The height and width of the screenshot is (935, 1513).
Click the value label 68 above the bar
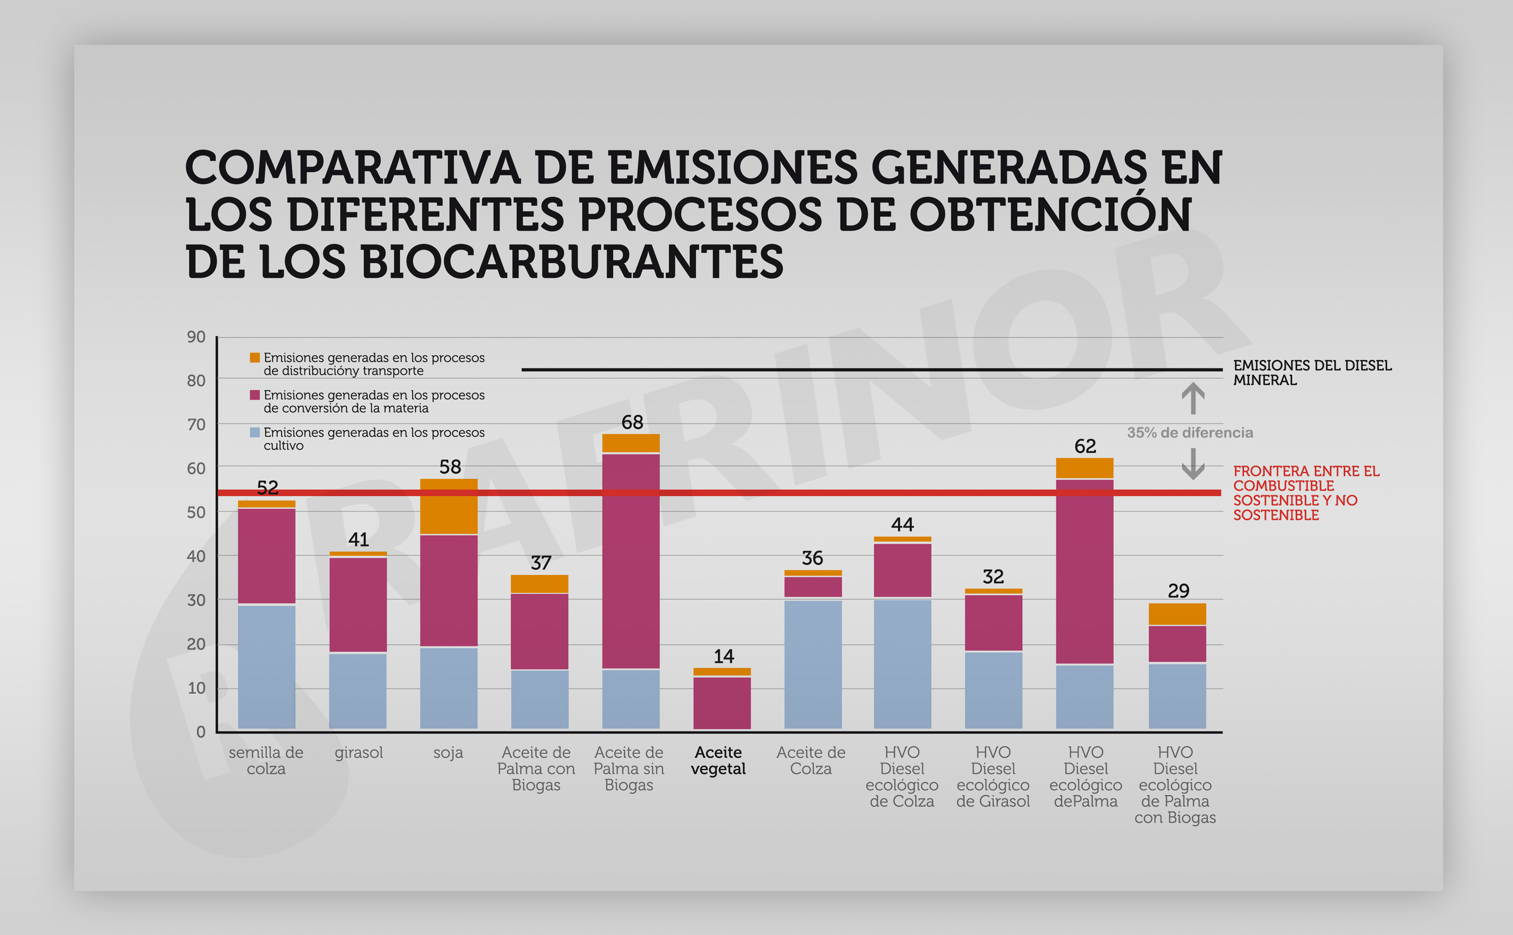(632, 422)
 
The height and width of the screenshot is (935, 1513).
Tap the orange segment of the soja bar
(448, 506)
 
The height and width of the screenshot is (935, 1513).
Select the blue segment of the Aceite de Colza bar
(813, 664)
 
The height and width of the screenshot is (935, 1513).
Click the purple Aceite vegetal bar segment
(722, 703)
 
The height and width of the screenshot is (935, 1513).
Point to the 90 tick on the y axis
(196, 337)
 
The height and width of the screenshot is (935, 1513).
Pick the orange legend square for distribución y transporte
(254, 358)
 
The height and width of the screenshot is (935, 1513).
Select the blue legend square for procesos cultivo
(254, 432)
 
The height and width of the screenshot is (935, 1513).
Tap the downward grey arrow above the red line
(1192, 464)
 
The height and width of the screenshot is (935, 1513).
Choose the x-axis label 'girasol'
(359, 753)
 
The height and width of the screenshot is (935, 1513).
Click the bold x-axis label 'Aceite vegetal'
(718, 761)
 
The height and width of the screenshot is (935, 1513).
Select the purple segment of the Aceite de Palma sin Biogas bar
(631, 561)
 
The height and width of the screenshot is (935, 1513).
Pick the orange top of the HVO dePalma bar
(1084, 468)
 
